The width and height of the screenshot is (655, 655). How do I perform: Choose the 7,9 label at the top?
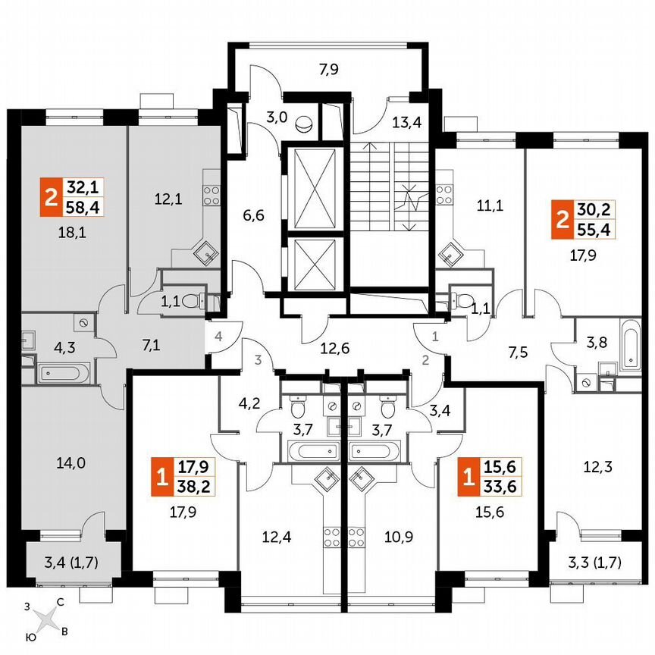click(x=328, y=71)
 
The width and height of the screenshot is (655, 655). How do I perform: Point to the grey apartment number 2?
click(x=425, y=360)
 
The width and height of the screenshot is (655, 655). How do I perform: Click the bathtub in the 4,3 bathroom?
click(x=64, y=372)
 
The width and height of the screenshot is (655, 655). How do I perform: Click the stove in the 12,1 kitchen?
click(x=212, y=194)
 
